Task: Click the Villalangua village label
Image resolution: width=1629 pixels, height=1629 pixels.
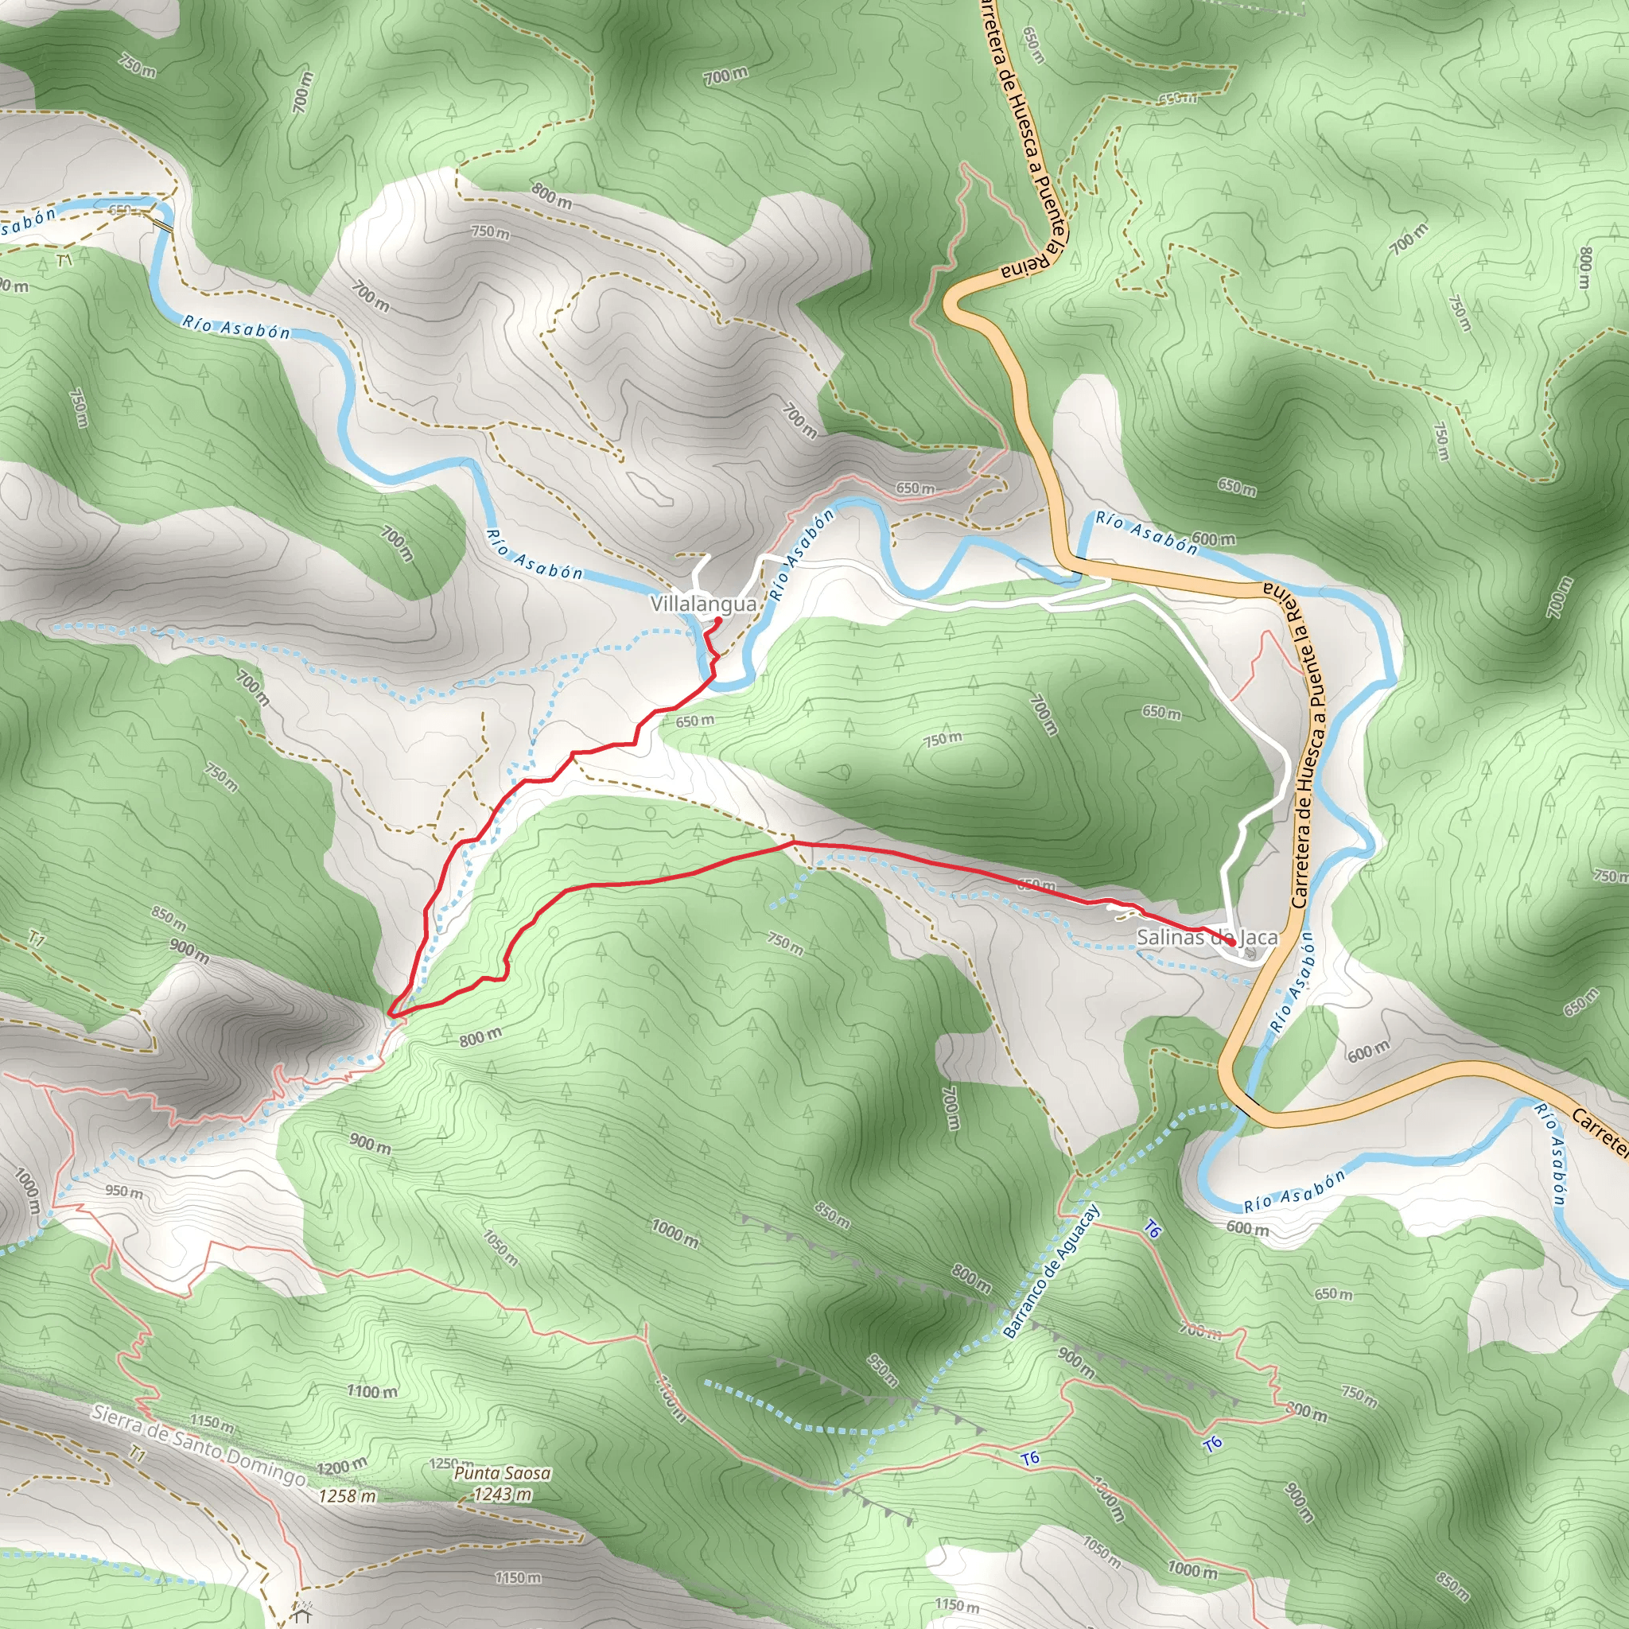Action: [x=703, y=604]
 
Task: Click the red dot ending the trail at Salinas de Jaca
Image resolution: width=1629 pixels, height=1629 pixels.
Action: [x=1234, y=943]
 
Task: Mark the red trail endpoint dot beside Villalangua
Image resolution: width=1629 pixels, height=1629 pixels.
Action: [x=717, y=621]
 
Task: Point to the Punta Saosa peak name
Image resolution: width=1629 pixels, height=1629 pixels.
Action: [x=502, y=1473]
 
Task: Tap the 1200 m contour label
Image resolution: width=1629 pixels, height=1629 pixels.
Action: [x=341, y=1466]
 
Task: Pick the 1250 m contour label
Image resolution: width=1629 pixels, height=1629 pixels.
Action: [x=451, y=1464]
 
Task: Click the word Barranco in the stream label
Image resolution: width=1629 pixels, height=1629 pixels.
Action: [x=1025, y=1309]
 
